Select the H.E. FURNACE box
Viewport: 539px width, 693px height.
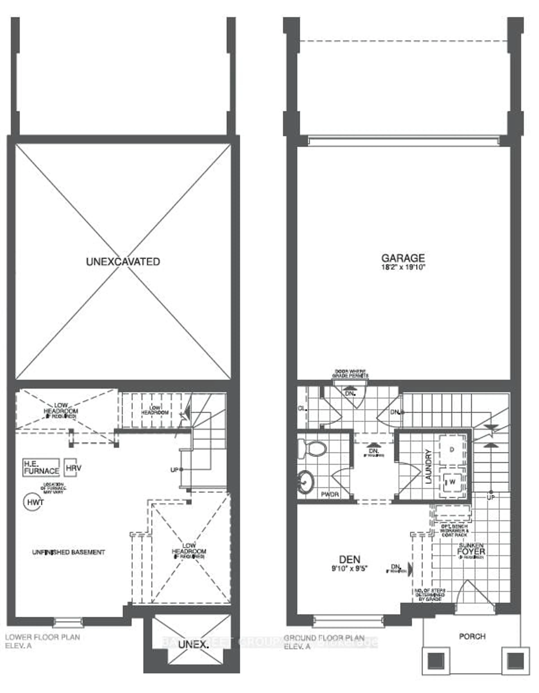(41, 468)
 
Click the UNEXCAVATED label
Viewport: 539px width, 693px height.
(123, 262)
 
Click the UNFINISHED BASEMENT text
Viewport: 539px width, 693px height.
(68, 552)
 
